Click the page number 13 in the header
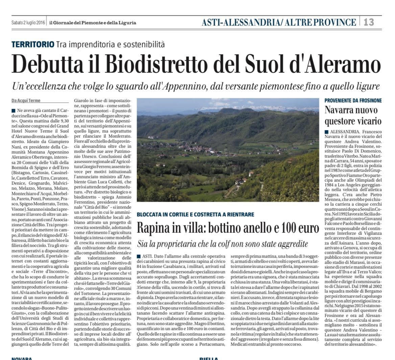(369, 22)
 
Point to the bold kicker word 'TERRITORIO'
(33, 44)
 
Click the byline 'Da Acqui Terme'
(26, 101)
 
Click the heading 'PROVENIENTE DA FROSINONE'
(353, 100)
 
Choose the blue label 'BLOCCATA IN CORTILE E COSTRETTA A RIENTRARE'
(195, 215)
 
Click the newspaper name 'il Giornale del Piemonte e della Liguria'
(93, 23)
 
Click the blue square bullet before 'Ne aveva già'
(13, 111)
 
